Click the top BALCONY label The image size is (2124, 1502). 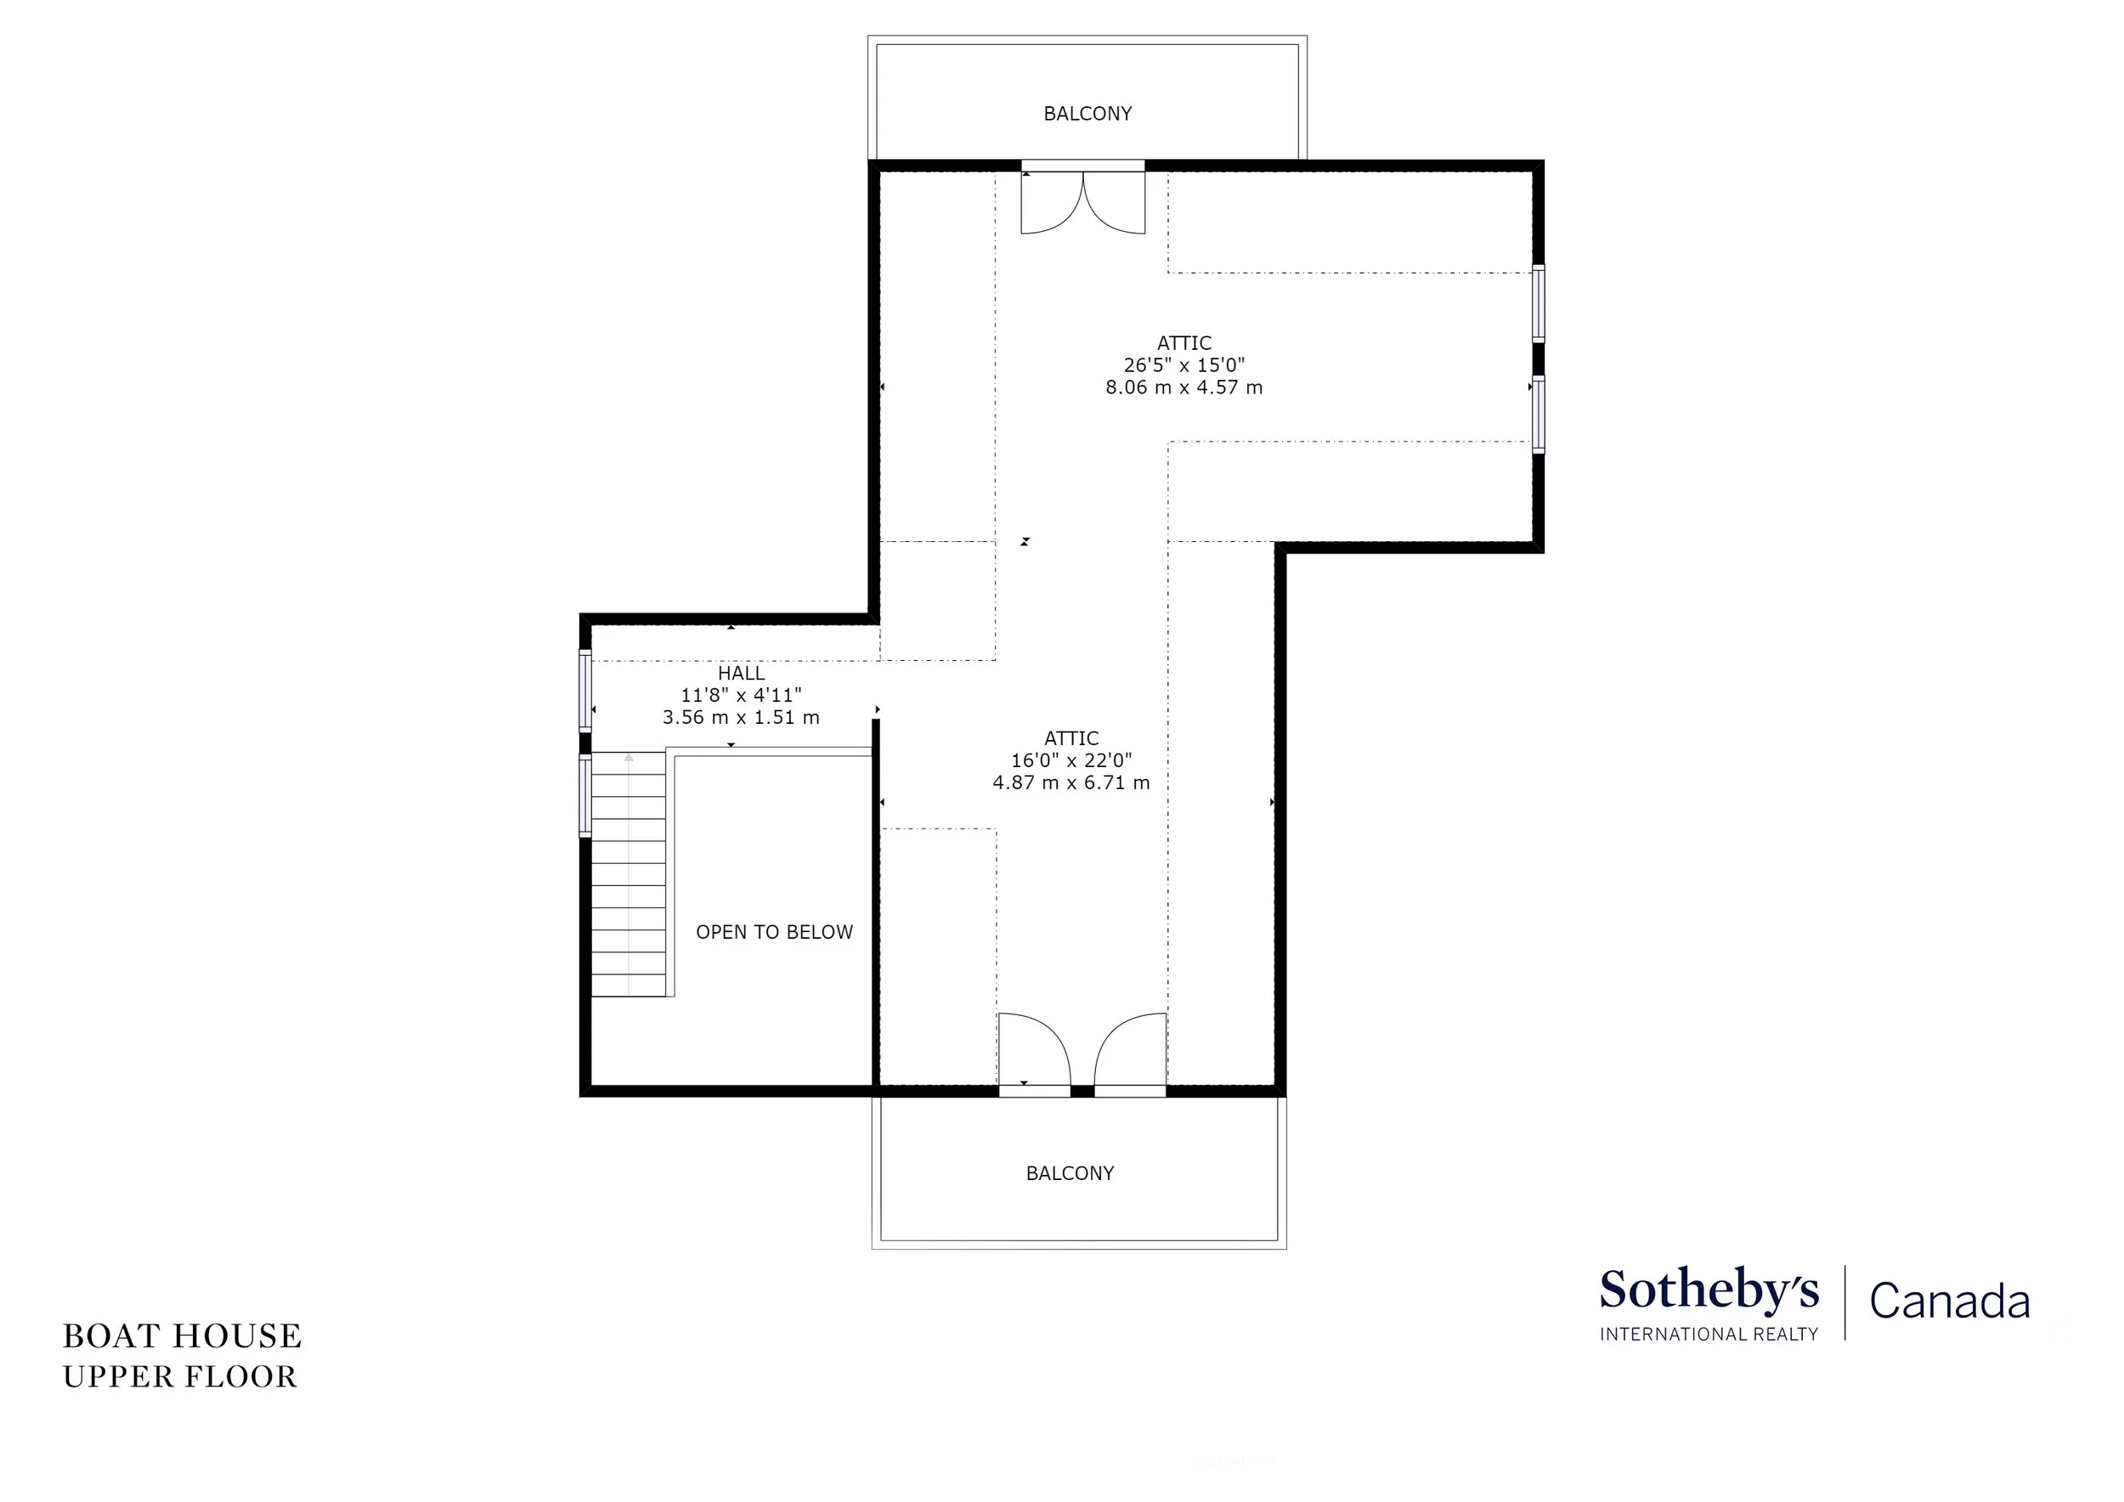click(x=1087, y=114)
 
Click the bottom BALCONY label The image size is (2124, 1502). click(x=1070, y=1174)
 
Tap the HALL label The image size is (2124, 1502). click(x=741, y=674)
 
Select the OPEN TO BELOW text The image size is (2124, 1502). click(x=774, y=932)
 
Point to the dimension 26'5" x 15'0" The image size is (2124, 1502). click(x=1184, y=365)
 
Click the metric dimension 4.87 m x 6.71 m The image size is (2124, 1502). click(x=1071, y=783)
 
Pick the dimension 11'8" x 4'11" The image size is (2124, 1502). click(x=741, y=696)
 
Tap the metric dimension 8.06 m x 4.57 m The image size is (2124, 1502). click(x=1184, y=387)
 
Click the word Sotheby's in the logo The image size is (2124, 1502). click(x=1709, y=1290)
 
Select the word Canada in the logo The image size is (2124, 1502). click(x=1950, y=1301)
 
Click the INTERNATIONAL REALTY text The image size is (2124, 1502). click(x=1709, y=1334)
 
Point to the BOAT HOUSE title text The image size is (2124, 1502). click(x=183, y=1336)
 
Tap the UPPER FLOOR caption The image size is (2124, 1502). click(x=180, y=1377)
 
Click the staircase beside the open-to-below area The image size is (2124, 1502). click(x=628, y=874)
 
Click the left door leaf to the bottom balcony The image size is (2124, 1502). click(x=1034, y=1055)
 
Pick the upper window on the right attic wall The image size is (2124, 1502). click(x=1539, y=302)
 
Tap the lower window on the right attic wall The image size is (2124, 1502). click(x=1539, y=414)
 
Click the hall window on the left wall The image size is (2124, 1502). click(x=585, y=690)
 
